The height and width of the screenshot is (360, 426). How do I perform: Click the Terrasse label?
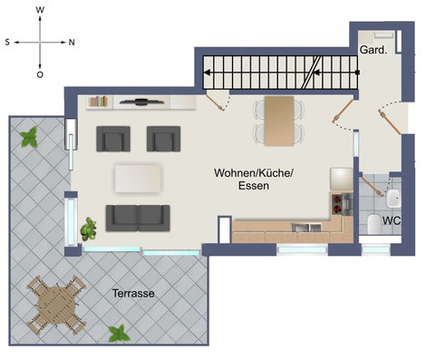pos(133,293)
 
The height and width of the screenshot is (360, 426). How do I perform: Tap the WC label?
pos(392,220)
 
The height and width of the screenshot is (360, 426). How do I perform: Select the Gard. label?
pos(373,50)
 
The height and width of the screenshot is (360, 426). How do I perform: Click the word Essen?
pos(254,186)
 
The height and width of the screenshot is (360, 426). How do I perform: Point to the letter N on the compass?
pos(72,43)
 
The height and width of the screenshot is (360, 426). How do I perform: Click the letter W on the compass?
pos(40,10)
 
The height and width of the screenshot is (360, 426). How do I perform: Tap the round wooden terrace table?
pos(56,305)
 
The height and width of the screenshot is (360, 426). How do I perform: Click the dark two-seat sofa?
pos(138,218)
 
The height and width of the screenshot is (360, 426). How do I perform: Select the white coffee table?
pos(138,179)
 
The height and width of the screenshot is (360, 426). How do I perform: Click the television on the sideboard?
pos(141,102)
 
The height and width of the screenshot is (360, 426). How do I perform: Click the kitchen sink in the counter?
pos(306,228)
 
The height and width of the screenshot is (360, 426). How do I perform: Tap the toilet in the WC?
pos(373,224)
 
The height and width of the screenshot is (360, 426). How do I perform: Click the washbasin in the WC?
pos(393,199)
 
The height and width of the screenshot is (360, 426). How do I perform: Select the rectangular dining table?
pos(279,121)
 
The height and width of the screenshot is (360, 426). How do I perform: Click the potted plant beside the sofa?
pos(89,229)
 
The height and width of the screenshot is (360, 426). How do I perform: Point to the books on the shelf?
pos(99,102)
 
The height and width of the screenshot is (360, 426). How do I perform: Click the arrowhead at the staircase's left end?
pos(207,73)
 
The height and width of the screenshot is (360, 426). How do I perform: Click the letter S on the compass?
pos(7,43)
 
